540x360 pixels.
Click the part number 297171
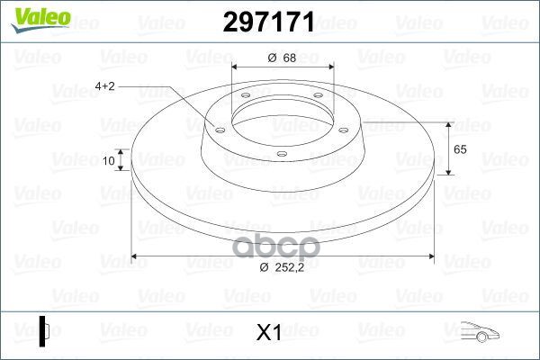(x=269, y=22)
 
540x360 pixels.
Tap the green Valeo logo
(x=40, y=20)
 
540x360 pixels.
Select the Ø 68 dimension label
(x=282, y=58)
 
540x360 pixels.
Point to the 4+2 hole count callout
(x=104, y=85)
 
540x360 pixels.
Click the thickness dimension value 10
(x=109, y=160)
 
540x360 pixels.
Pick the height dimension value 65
(x=460, y=149)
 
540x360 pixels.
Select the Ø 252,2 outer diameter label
(x=282, y=267)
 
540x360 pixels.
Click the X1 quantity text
(x=269, y=332)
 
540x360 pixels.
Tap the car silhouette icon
(x=480, y=331)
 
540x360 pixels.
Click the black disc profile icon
(x=44, y=331)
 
